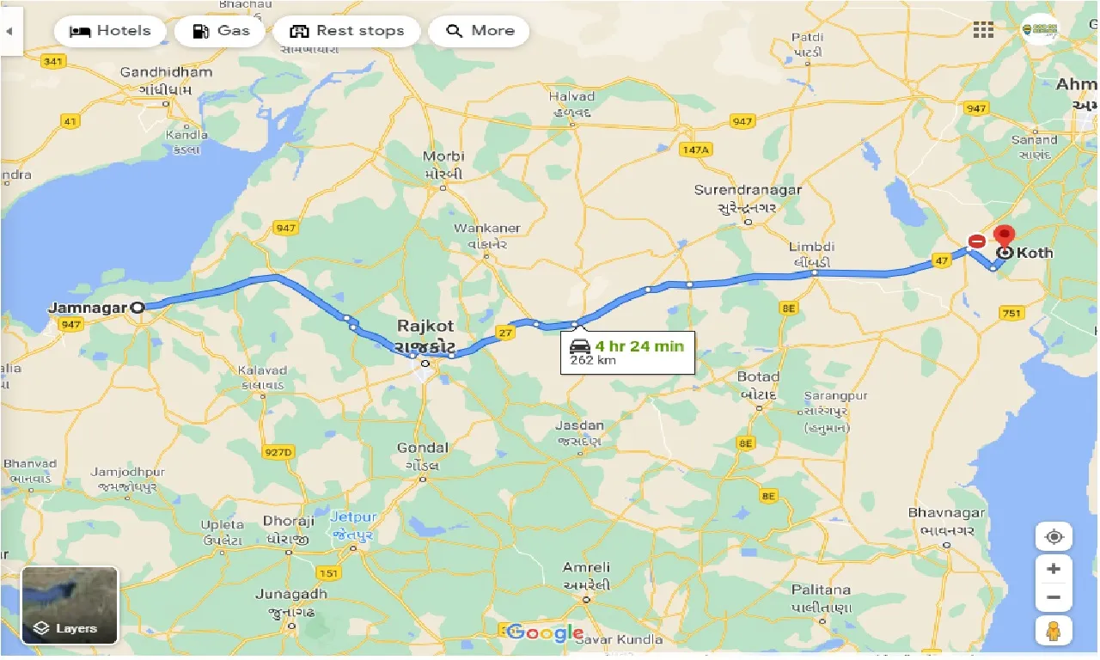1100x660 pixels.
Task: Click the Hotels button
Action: [109, 31]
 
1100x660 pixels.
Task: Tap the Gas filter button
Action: [220, 31]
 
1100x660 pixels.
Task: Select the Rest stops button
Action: [346, 31]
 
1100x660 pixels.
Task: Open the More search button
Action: [480, 31]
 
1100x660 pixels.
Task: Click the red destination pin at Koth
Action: [1003, 235]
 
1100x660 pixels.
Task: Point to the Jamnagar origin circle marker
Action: [137, 307]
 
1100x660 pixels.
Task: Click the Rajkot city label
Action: [425, 327]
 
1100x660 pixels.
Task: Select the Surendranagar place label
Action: [748, 190]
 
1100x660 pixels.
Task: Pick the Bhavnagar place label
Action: [944, 513]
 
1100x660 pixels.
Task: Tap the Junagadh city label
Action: [291, 595]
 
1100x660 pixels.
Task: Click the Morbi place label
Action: [443, 156]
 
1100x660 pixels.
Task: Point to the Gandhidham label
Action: [166, 72]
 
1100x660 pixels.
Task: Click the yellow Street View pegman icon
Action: [1054, 630]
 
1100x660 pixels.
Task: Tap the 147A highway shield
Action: [695, 150]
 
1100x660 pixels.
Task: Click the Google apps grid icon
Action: [983, 30]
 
